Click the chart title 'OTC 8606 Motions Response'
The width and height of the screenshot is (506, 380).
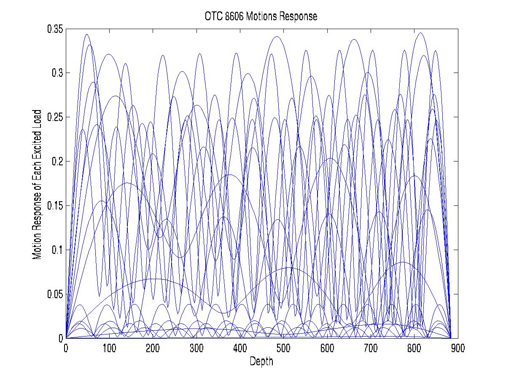259,17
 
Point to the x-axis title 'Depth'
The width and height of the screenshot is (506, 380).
261,361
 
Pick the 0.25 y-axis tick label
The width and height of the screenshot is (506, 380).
54,118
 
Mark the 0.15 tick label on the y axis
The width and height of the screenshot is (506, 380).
54,206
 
